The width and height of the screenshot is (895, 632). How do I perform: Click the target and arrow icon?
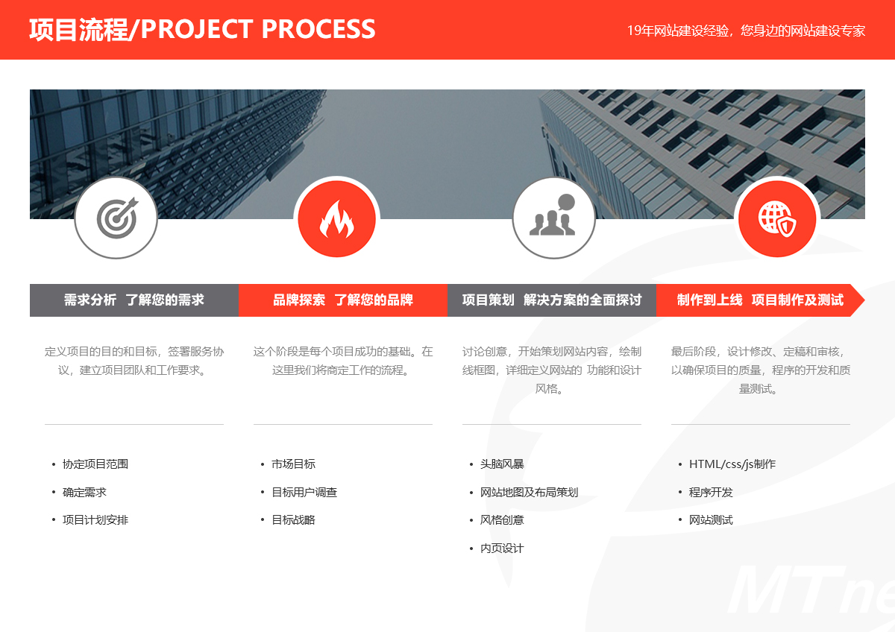click(117, 218)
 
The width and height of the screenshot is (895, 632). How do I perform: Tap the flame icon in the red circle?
click(337, 219)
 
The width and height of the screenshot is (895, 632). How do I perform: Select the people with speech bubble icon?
click(553, 215)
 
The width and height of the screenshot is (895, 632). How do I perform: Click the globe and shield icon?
click(777, 218)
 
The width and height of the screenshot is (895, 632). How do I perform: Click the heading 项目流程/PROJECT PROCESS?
click(202, 30)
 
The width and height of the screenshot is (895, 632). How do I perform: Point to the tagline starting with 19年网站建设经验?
click(746, 31)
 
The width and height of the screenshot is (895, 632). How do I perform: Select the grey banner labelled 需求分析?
click(134, 300)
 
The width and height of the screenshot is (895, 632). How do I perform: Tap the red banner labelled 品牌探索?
click(343, 300)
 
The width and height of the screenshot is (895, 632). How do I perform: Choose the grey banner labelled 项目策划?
click(552, 300)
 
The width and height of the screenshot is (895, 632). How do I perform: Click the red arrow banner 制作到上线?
click(760, 300)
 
